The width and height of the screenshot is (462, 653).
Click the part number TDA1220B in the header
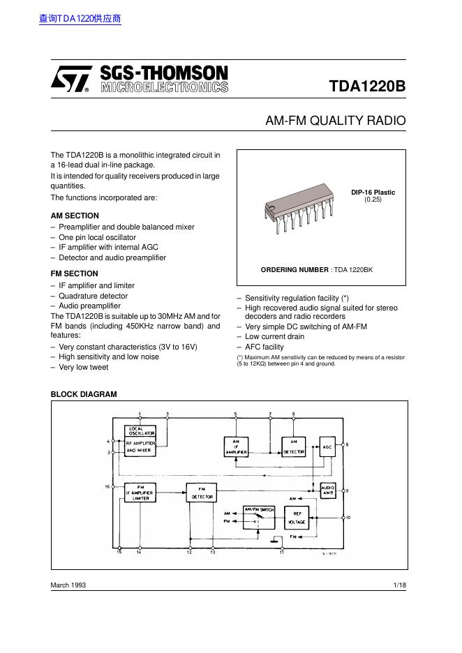pyautogui.click(x=367, y=87)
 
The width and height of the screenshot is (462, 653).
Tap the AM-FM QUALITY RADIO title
pyautogui.click(x=335, y=121)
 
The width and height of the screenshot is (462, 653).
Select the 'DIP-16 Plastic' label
pyautogui.click(x=373, y=192)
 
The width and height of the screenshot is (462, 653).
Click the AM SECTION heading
pyautogui.click(x=75, y=216)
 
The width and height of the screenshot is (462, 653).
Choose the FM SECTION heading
pyautogui.click(x=74, y=273)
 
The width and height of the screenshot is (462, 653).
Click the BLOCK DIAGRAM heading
pyautogui.click(x=84, y=394)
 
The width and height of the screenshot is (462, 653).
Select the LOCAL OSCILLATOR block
pyautogui.click(x=140, y=430)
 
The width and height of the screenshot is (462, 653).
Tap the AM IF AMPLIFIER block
pyautogui.click(x=236, y=447)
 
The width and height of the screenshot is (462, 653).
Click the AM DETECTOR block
pyautogui.click(x=293, y=446)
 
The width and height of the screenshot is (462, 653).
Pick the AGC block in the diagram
pyautogui.click(x=327, y=446)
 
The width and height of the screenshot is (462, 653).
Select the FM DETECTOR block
pyautogui.click(x=201, y=493)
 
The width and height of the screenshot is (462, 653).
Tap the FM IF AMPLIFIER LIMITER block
pyautogui.click(x=140, y=493)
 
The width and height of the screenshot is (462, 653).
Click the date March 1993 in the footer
pyautogui.click(x=68, y=585)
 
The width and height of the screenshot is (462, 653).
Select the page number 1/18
pyautogui.click(x=399, y=585)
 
